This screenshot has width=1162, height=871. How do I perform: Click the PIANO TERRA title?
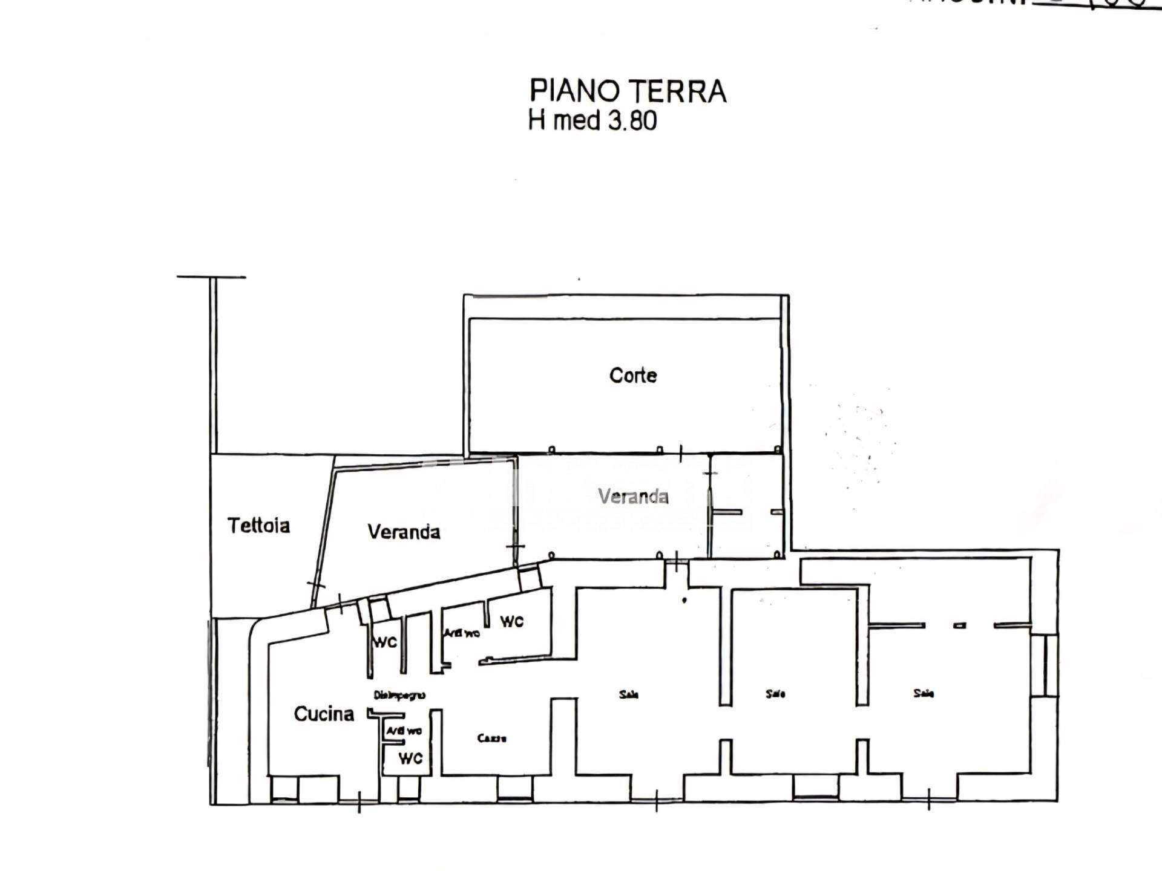pyautogui.click(x=628, y=91)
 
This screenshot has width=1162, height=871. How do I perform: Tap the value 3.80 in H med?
pyautogui.click(x=632, y=120)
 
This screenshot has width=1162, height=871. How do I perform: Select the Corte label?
pyautogui.click(x=633, y=375)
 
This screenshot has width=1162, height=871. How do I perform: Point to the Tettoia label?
pyautogui.click(x=258, y=525)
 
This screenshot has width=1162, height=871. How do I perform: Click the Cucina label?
pyautogui.click(x=324, y=714)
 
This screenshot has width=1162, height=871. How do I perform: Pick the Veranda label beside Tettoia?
pyautogui.click(x=404, y=532)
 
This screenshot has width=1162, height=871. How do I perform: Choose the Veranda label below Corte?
pyautogui.click(x=633, y=497)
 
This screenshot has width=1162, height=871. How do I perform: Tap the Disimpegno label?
pyautogui.click(x=399, y=695)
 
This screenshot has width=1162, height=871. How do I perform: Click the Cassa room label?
pyautogui.click(x=491, y=738)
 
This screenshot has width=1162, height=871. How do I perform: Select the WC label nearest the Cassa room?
pyautogui.click(x=410, y=758)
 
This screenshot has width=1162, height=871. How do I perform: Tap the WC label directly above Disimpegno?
pyautogui.click(x=385, y=642)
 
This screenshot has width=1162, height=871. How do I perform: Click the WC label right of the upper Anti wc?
pyautogui.click(x=511, y=621)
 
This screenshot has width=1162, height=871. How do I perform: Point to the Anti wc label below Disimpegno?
pyautogui.click(x=404, y=731)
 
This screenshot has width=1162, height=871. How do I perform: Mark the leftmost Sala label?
pyautogui.click(x=629, y=694)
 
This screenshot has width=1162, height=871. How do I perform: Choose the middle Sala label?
pyautogui.click(x=775, y=694)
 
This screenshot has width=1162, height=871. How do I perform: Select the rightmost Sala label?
pyautogui.click(x=924, y=693)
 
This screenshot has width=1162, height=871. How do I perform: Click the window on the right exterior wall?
pyautogui.click(x=1045, y=665)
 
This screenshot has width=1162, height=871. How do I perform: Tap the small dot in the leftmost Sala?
pyautogui.click(x=684, y=601)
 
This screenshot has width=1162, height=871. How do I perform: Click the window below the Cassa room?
pyautogui.click(x=514, y=788)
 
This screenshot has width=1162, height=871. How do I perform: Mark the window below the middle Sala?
pyautogui.click(x=816, y=788)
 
